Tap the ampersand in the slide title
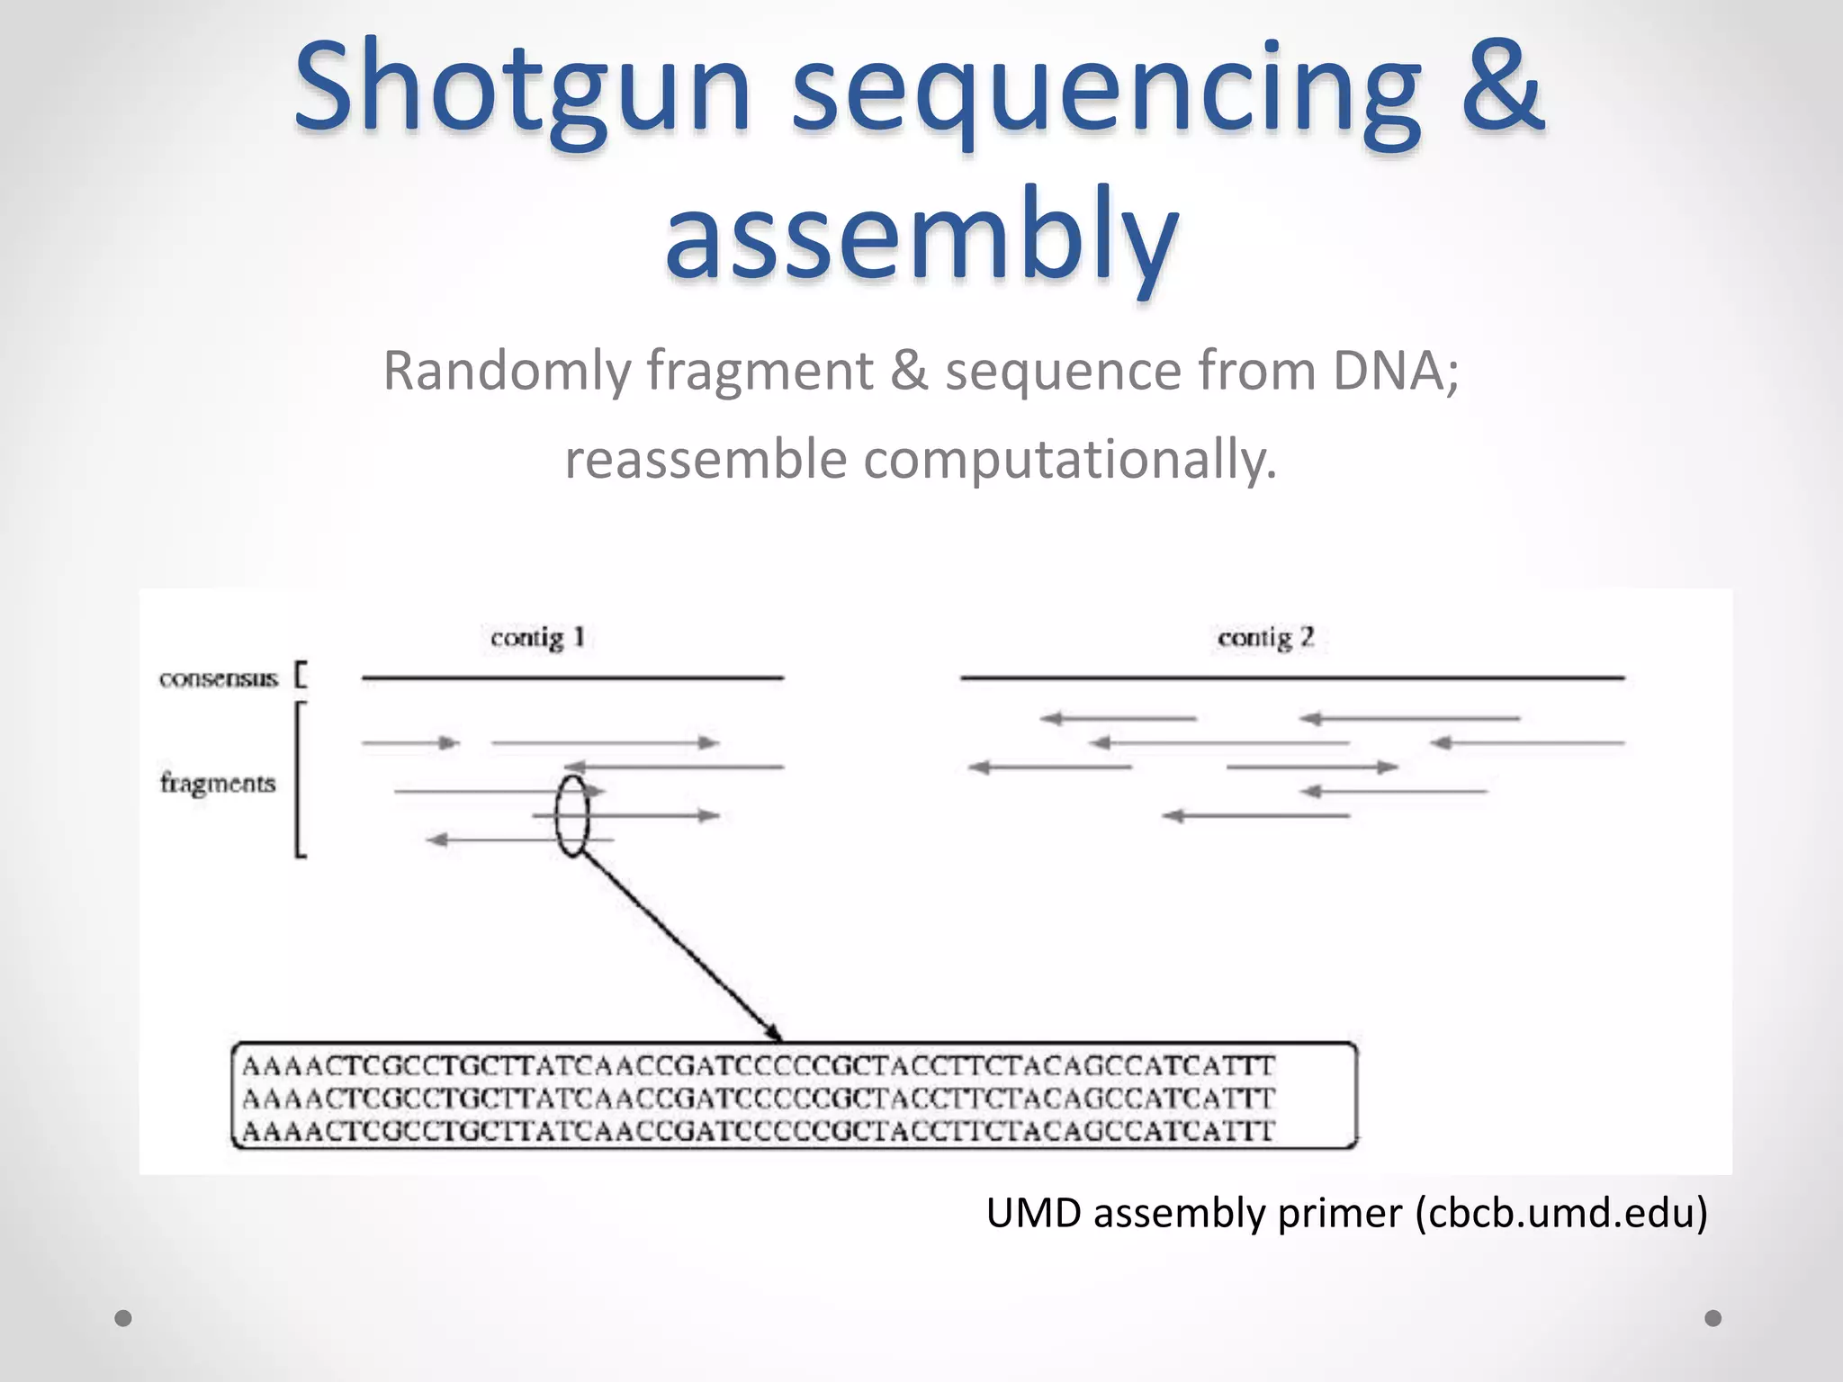1501,88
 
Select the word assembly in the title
921,236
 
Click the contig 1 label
537,638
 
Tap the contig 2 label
1265,638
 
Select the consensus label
219,678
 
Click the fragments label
218,783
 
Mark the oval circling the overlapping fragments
572,815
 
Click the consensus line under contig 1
572,678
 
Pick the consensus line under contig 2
1292,678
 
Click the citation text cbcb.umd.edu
1561,1213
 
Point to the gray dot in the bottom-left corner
123,1318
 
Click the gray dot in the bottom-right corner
1713,1318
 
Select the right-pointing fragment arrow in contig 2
1312,767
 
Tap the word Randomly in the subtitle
507,370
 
